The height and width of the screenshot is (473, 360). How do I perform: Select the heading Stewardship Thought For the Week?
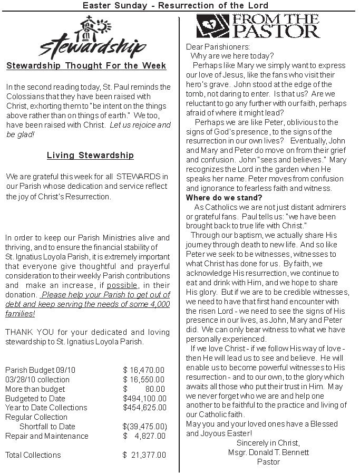click(x=86, y=66)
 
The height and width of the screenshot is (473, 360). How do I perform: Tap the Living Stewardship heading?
click(x=90, y=156)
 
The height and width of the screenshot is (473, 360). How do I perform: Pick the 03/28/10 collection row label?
click(x=37, y=380)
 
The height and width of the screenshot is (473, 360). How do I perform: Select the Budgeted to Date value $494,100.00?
click(x=144, y=398)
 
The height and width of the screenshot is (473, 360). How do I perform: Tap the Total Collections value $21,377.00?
click(x=144, y=455)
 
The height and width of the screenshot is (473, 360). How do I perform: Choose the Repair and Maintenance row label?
click(x=47, y=436)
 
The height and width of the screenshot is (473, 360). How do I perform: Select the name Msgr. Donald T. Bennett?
click(x=268, y=452)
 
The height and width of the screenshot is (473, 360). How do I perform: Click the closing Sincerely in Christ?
click(x=268, y=443)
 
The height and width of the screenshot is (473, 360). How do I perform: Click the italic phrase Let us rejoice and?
click(x=141, y=125)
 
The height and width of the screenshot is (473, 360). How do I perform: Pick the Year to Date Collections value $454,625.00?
click(x=144, y=408)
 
